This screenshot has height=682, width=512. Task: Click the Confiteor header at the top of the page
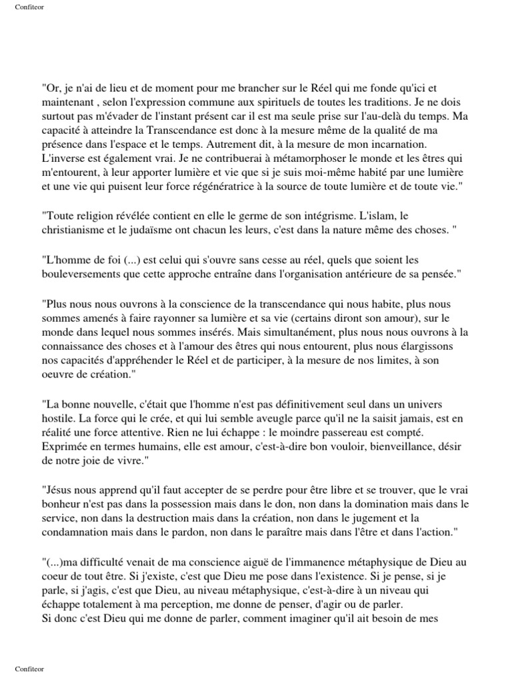pos(29,8)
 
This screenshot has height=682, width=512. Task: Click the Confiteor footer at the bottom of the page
pos(29,669)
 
